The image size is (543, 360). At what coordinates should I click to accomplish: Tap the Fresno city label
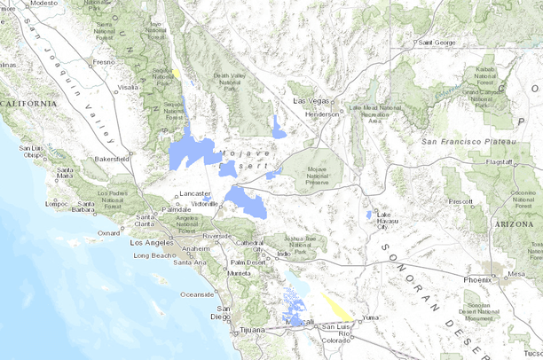104,62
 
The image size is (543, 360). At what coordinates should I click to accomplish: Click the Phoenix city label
476,280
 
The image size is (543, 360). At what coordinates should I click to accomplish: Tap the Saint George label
437,43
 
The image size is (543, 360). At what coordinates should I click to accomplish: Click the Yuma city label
369,317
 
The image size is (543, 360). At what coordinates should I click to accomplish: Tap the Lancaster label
194,192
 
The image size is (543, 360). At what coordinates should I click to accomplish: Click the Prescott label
461,201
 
